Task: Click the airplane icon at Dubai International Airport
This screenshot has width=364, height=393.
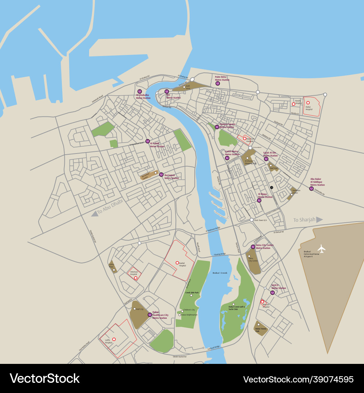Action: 321,249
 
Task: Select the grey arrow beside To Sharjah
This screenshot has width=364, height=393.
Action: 319,219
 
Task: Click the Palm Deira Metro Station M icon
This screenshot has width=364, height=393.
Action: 218,84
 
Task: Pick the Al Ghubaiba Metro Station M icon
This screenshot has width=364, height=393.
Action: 139,91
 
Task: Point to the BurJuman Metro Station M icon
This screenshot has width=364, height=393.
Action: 161,175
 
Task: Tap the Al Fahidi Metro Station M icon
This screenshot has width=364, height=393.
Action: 147,141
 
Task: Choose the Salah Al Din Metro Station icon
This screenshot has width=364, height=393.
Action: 266,159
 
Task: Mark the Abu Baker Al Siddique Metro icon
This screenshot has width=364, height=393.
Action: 311,188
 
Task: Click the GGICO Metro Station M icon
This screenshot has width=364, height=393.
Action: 272,293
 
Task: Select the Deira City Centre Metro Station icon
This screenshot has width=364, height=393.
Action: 253,247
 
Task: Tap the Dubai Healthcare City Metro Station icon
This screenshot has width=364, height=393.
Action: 150,314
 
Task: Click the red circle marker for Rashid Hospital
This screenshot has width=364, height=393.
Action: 177,263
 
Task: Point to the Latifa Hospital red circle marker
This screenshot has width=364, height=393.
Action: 114,339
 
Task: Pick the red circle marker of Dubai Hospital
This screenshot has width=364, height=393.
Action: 308,103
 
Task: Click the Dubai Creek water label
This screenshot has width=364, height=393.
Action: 220,273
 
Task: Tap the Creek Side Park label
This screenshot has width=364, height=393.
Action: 192,293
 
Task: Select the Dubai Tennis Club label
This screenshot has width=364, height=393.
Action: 261,330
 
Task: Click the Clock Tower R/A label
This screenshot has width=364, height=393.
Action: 261,220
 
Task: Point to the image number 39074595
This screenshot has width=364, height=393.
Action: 298,380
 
